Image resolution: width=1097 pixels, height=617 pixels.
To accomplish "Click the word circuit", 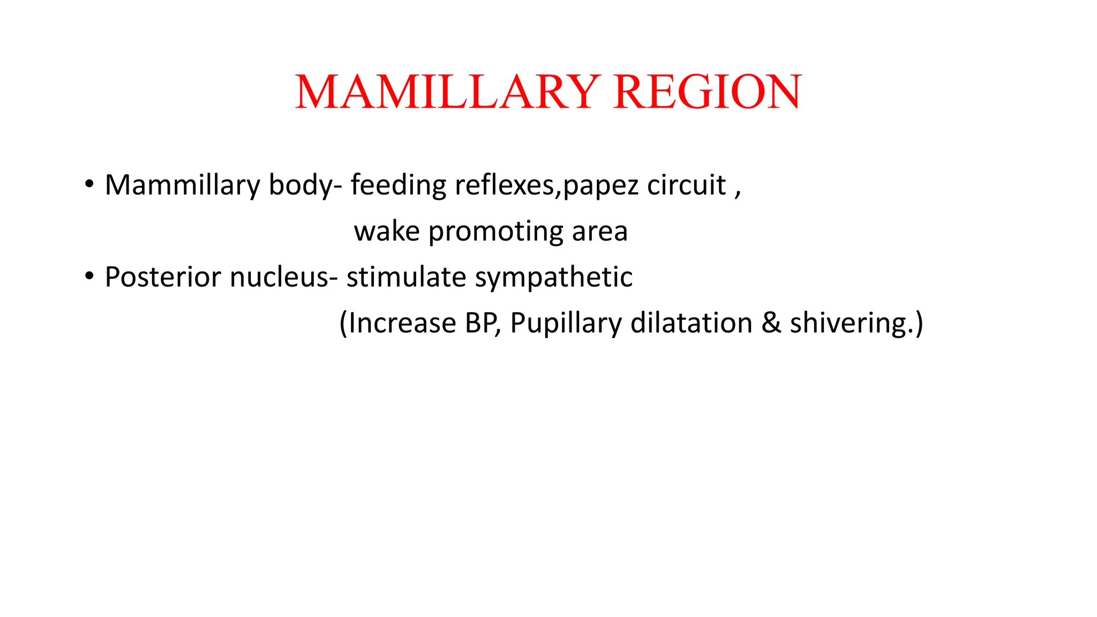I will click(686, 185).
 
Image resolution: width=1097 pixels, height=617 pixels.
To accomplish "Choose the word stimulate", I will click(407, 277).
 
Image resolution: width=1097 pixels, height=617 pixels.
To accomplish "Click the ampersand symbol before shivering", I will click(771, 323).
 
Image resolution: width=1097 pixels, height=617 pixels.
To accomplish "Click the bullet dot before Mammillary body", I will click(89, 184).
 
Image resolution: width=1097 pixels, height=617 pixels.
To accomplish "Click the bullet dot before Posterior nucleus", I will click(89, 276).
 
